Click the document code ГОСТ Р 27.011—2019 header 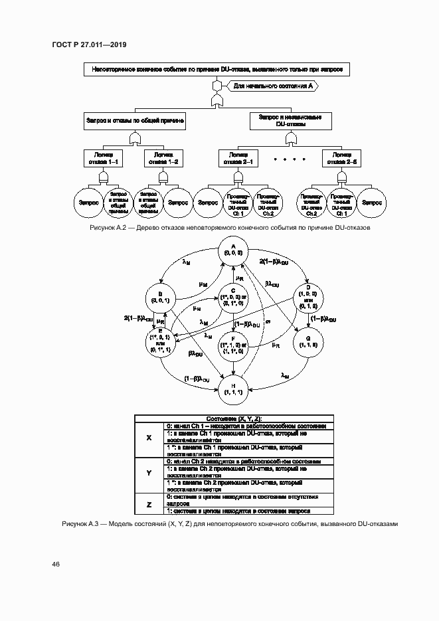(x=88, y=44)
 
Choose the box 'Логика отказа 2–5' (x=339, y=157)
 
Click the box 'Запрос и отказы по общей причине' (x=135, y=120)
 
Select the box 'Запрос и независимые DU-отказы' (x=290, y=120)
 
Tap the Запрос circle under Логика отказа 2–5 (x=371, y=203)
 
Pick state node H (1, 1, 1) (x=233, y=389)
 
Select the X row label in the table (x=149, y=438)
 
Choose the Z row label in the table (x=149, y=504)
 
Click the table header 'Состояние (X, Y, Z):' (x=233, y=418)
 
